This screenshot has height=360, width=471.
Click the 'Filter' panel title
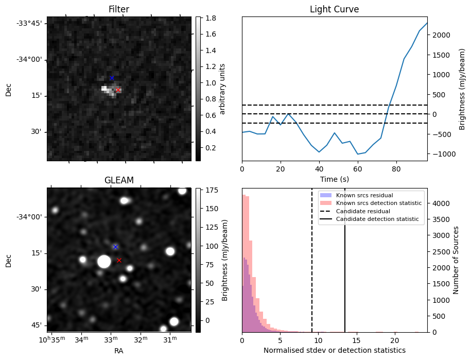pyautogui.click(x=118, y=9)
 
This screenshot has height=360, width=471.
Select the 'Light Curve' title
pyautogui.click(x=334, y=9)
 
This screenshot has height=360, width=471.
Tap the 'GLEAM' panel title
pyautogui.click(x=118, y=180)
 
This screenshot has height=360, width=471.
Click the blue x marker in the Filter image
pyautogui.click(x=112, y=78)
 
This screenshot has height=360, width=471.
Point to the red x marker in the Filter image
pyautogui.click(x=118, y=90)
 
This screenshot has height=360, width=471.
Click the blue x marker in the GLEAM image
pyautogui.click(x=115, y=247)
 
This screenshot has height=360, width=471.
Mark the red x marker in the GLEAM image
pyautogui.click(x=119, y=260)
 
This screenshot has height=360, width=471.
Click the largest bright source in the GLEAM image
pyautogui.click(x=104, y=261)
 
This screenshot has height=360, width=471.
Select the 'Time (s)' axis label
pyautogui.click(x=334, y=178)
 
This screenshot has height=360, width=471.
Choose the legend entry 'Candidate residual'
pyautogui.click(x=362, y=211)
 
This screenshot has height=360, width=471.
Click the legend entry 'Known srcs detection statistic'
pyautogui.click(x=378, y=203)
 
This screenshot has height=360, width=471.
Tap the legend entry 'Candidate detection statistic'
pyautogui.click(x=377, y=219)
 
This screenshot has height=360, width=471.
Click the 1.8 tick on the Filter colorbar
pyautogui.click(x=210, y=18)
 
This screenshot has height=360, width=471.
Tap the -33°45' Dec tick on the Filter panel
pyautogui.click(x=32, y=23)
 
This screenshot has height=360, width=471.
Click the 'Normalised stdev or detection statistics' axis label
pyautogui.click(x=334, y=350)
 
